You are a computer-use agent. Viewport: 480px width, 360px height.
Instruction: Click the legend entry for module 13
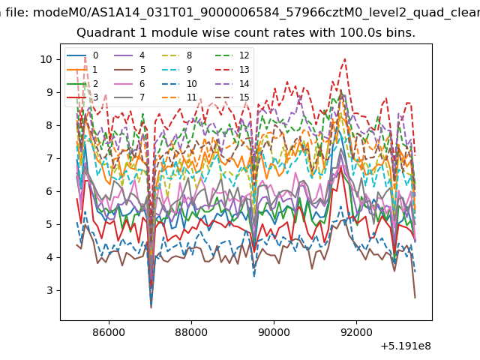[x=232, y=70]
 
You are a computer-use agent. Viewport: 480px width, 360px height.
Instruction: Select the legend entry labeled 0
[x=82, y=55]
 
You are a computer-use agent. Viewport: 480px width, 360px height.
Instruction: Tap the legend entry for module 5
[x=130, y=70]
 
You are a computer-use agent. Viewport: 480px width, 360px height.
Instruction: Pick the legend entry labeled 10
[x=179, y=83]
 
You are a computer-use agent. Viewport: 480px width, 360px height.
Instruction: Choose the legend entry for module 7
[x=130, y=97]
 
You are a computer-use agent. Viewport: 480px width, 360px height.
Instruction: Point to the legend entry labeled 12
[x=232, y=55]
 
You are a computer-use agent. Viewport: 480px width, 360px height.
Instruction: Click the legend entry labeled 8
[x=177, y=55]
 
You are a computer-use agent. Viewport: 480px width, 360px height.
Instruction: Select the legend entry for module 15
[x=232, y=97]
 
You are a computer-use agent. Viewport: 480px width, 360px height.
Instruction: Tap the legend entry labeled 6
[x=130, y=83]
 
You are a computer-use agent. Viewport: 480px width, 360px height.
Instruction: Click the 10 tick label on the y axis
[x=46, y=59]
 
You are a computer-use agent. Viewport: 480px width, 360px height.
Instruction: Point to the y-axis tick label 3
[x=49, y=290]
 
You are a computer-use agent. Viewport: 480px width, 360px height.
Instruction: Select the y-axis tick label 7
[x=49, y=158]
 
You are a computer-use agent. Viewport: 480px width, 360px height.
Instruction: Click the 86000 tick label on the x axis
[x=109, y=332]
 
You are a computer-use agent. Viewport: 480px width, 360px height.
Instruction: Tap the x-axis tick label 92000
[x=356, y=332]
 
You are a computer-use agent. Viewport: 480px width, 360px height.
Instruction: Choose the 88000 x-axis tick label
[x=191, y=332]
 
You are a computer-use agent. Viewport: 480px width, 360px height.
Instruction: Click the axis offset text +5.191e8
[x=406, y=346]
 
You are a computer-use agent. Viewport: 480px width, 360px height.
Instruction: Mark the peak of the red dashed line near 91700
[x=345, y=58]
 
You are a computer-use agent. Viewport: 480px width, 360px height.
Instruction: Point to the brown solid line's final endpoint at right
[x=415, y=298]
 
